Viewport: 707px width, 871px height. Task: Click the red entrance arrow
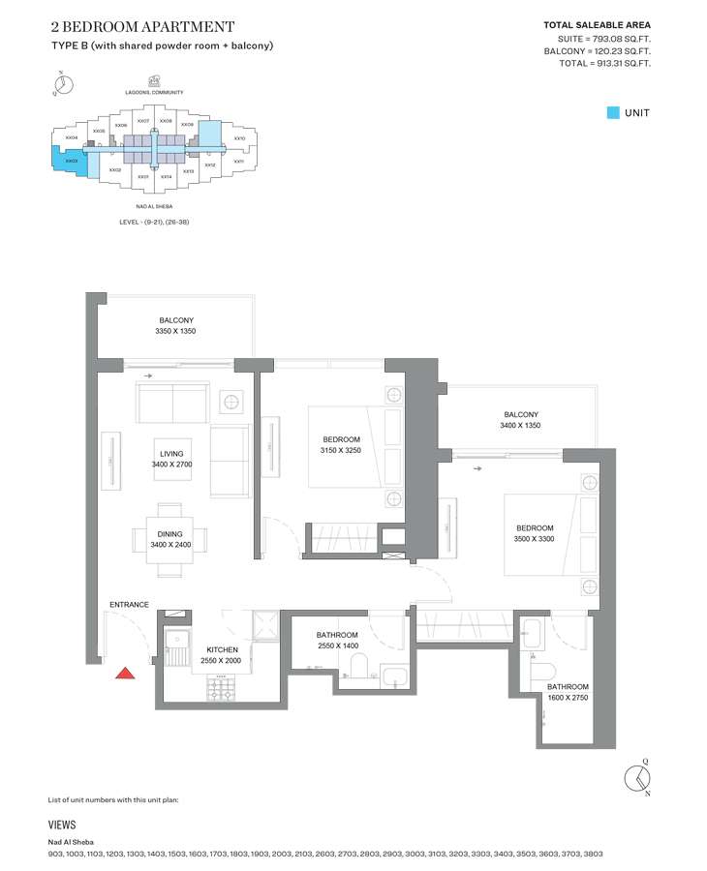(x=124, y=674)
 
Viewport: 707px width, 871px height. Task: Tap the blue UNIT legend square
(x=612, y=112)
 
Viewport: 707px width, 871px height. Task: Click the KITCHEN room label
(x=222, y=649)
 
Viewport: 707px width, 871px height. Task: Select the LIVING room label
(x=171, y=453)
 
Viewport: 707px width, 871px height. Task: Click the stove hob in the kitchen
(x=221, y=688)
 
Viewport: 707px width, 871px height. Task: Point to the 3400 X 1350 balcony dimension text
(x=520, y=426)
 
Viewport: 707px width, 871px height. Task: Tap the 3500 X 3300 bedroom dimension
(x=534, y=539)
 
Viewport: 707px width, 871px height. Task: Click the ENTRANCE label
(x=129, y=605)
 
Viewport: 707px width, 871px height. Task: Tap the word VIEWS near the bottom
(x=62, y=826)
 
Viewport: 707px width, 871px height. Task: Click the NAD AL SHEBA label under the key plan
(x=148, y=206)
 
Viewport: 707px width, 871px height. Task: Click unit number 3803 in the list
(x=593, y=855)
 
